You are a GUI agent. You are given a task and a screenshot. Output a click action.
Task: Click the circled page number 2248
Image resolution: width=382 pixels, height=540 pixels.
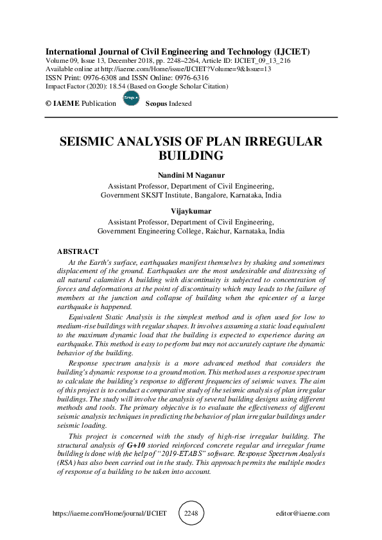191,513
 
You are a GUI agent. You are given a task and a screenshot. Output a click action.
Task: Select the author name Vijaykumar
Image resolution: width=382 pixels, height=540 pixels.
191,210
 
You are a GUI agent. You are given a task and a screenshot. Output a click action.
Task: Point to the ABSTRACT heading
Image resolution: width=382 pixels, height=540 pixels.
78,252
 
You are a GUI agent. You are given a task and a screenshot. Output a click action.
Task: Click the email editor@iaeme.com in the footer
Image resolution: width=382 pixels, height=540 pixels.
302,514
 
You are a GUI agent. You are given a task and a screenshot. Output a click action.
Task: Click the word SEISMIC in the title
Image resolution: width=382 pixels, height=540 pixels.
91,142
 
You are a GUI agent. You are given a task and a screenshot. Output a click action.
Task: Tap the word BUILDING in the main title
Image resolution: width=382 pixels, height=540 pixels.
191,156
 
